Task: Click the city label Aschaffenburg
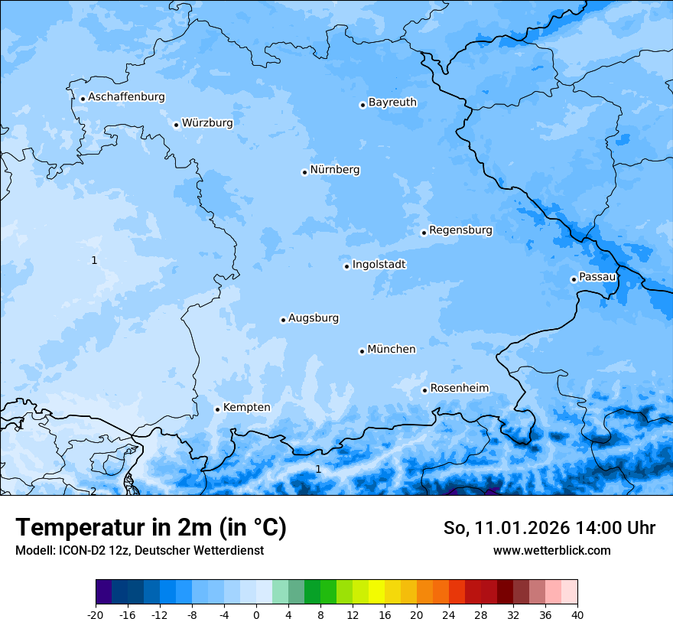[126, 97]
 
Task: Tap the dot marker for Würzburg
[176, 125]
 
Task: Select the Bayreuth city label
[392, 103]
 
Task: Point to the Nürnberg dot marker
[304, 172]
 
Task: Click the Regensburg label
[460, 230]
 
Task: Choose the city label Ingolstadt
[379, 265]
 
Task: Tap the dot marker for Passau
[574, 279]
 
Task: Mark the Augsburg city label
[313, 318]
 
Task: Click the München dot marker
[362, 351]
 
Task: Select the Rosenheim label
[459, 389]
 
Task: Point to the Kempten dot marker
[217, 409]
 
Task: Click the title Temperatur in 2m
[151, 528]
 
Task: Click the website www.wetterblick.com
[551, 551]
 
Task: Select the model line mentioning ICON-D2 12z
[139, 551]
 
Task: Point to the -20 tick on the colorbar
[96, 614]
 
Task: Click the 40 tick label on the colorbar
[577, 614]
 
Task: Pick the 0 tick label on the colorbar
[256, 614]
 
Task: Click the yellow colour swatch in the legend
[376, 592]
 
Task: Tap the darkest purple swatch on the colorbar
[103, 592]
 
